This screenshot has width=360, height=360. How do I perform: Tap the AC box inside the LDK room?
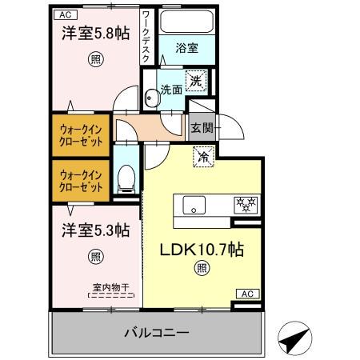(250, 294)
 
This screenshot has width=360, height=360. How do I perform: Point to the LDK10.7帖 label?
(201, 249)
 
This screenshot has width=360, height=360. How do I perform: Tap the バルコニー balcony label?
(157, 332)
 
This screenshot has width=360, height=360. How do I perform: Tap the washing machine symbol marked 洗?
(195, 80)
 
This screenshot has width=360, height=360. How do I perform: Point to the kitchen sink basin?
(194, 205)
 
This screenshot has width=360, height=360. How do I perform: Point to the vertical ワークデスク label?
(146, 37)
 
